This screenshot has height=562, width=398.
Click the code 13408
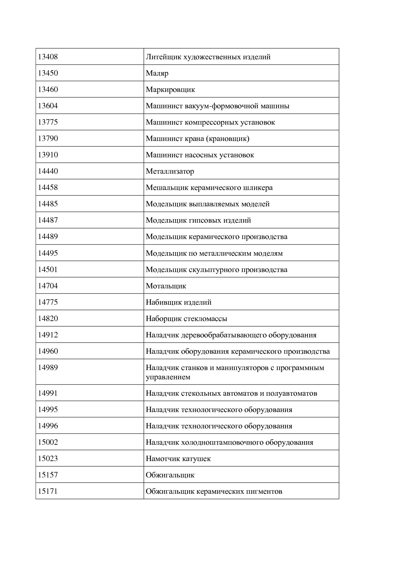point(48,57)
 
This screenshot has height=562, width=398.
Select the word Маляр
point(157,73)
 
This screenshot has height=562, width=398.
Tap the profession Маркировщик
point(170,90)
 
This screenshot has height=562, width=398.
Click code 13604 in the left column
point(48,106)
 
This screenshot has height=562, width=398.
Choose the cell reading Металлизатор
point(170,171)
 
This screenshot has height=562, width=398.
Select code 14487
point(48,220)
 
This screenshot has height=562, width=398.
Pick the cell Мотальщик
point(166,286)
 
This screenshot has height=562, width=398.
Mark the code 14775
point(48,302)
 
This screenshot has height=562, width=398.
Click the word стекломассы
point(205,319)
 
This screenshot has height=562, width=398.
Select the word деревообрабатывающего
point(224,335)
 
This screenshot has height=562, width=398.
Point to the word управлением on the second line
point(168,377)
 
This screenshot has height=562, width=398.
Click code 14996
point(48,426)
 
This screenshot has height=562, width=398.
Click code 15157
point(48,475)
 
